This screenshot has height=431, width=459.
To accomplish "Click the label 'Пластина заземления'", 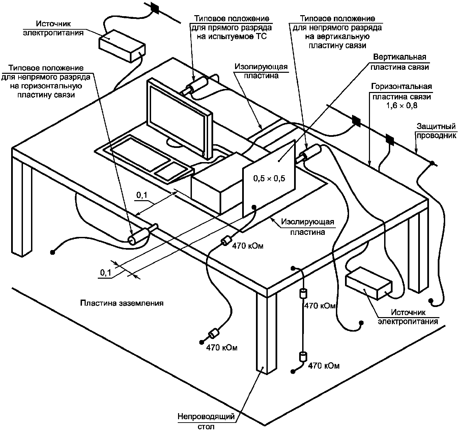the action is (122, 303).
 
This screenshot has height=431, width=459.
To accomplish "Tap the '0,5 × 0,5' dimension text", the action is (269, 178).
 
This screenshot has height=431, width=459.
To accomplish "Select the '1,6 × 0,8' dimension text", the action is (402, 105).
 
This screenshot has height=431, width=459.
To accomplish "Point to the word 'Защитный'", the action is (436, 126).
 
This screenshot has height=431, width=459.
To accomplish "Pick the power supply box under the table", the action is (369, 283).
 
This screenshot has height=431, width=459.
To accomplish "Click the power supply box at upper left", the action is (122, 46).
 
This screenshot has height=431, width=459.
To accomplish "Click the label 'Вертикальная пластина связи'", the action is (400, 62).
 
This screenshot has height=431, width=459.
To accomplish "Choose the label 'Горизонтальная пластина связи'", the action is (402, 91).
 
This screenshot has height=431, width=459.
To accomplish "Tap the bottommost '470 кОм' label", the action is (324, 366).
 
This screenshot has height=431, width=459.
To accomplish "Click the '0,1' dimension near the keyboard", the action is (142, 195).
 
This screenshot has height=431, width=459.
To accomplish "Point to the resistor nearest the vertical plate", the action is (227, 241).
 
